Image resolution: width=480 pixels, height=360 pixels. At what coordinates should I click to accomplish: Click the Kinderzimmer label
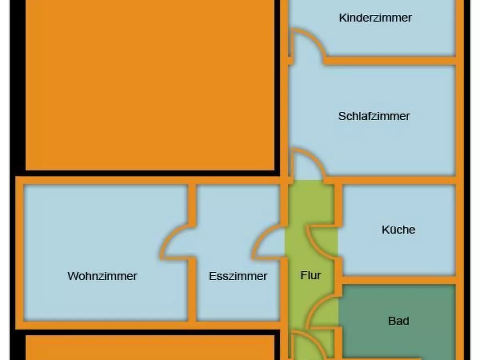(375, 18)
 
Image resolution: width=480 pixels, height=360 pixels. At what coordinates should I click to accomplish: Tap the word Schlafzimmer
(374, 116)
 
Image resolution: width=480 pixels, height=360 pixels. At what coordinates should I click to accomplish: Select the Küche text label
(398, 230)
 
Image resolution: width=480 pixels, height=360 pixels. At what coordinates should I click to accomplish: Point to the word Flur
(311, 276)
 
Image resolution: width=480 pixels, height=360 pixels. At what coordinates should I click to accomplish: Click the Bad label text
(398, 321)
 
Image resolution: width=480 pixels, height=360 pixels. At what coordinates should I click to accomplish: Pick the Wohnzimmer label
(102, 276)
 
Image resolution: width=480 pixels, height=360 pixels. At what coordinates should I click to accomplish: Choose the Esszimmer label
(238, 276)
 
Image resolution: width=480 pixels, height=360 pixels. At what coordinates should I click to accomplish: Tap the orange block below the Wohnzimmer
(150, 348)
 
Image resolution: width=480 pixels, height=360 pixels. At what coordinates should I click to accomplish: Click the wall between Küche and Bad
(398, 280)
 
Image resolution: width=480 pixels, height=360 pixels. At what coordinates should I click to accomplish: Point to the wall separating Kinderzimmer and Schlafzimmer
(390, 61)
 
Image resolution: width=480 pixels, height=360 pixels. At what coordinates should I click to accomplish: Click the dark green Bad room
(398, 304)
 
